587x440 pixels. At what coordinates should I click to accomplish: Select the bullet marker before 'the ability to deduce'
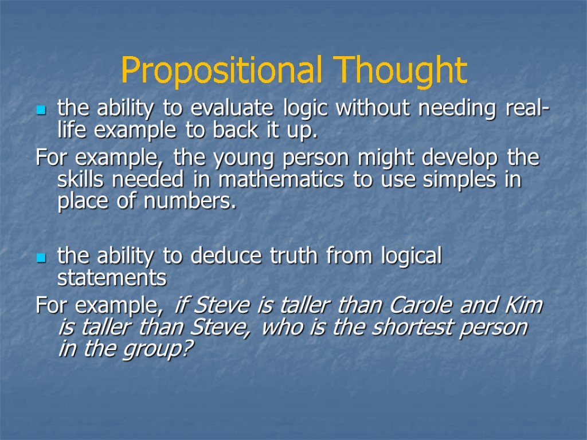tap(41, 259)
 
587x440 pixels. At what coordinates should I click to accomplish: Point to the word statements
tap(112, 279)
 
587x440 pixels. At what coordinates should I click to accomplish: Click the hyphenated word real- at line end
tap(526, 109)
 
